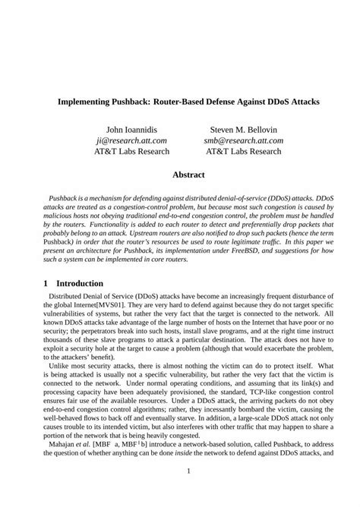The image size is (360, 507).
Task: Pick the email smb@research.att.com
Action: tap(243, 140)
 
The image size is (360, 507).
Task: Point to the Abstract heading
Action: tap(188, 175)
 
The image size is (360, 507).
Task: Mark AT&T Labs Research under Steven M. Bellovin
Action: tap(243, 151)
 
